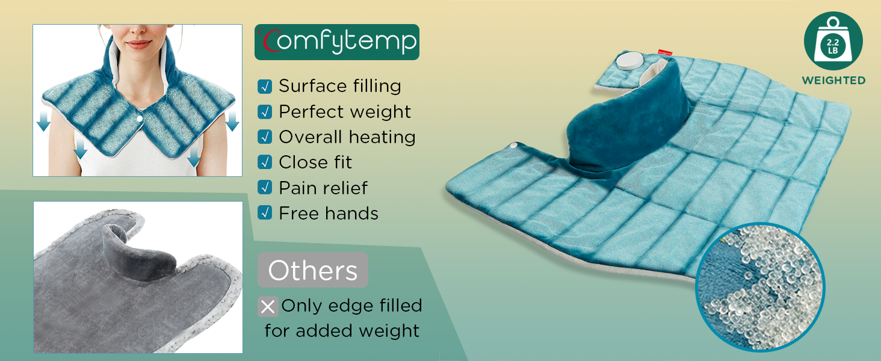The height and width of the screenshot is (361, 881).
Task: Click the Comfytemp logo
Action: (336, 42)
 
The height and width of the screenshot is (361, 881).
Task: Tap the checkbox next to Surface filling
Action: (264, 87)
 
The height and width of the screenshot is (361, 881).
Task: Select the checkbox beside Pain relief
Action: (264, 188)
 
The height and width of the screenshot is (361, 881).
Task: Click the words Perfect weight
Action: (345, 112)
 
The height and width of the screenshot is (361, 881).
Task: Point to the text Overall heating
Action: (347, 137)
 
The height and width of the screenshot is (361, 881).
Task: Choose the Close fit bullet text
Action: (315, 162)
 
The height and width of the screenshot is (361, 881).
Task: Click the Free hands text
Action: (329, 214)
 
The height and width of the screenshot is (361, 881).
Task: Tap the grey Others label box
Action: (312, 271)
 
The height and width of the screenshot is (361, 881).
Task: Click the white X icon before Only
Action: (268, 307)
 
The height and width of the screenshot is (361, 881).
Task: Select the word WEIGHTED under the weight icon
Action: (833, 81)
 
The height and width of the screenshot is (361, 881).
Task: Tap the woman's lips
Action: (139, 45)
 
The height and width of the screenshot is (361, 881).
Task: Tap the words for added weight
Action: (342, 331)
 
